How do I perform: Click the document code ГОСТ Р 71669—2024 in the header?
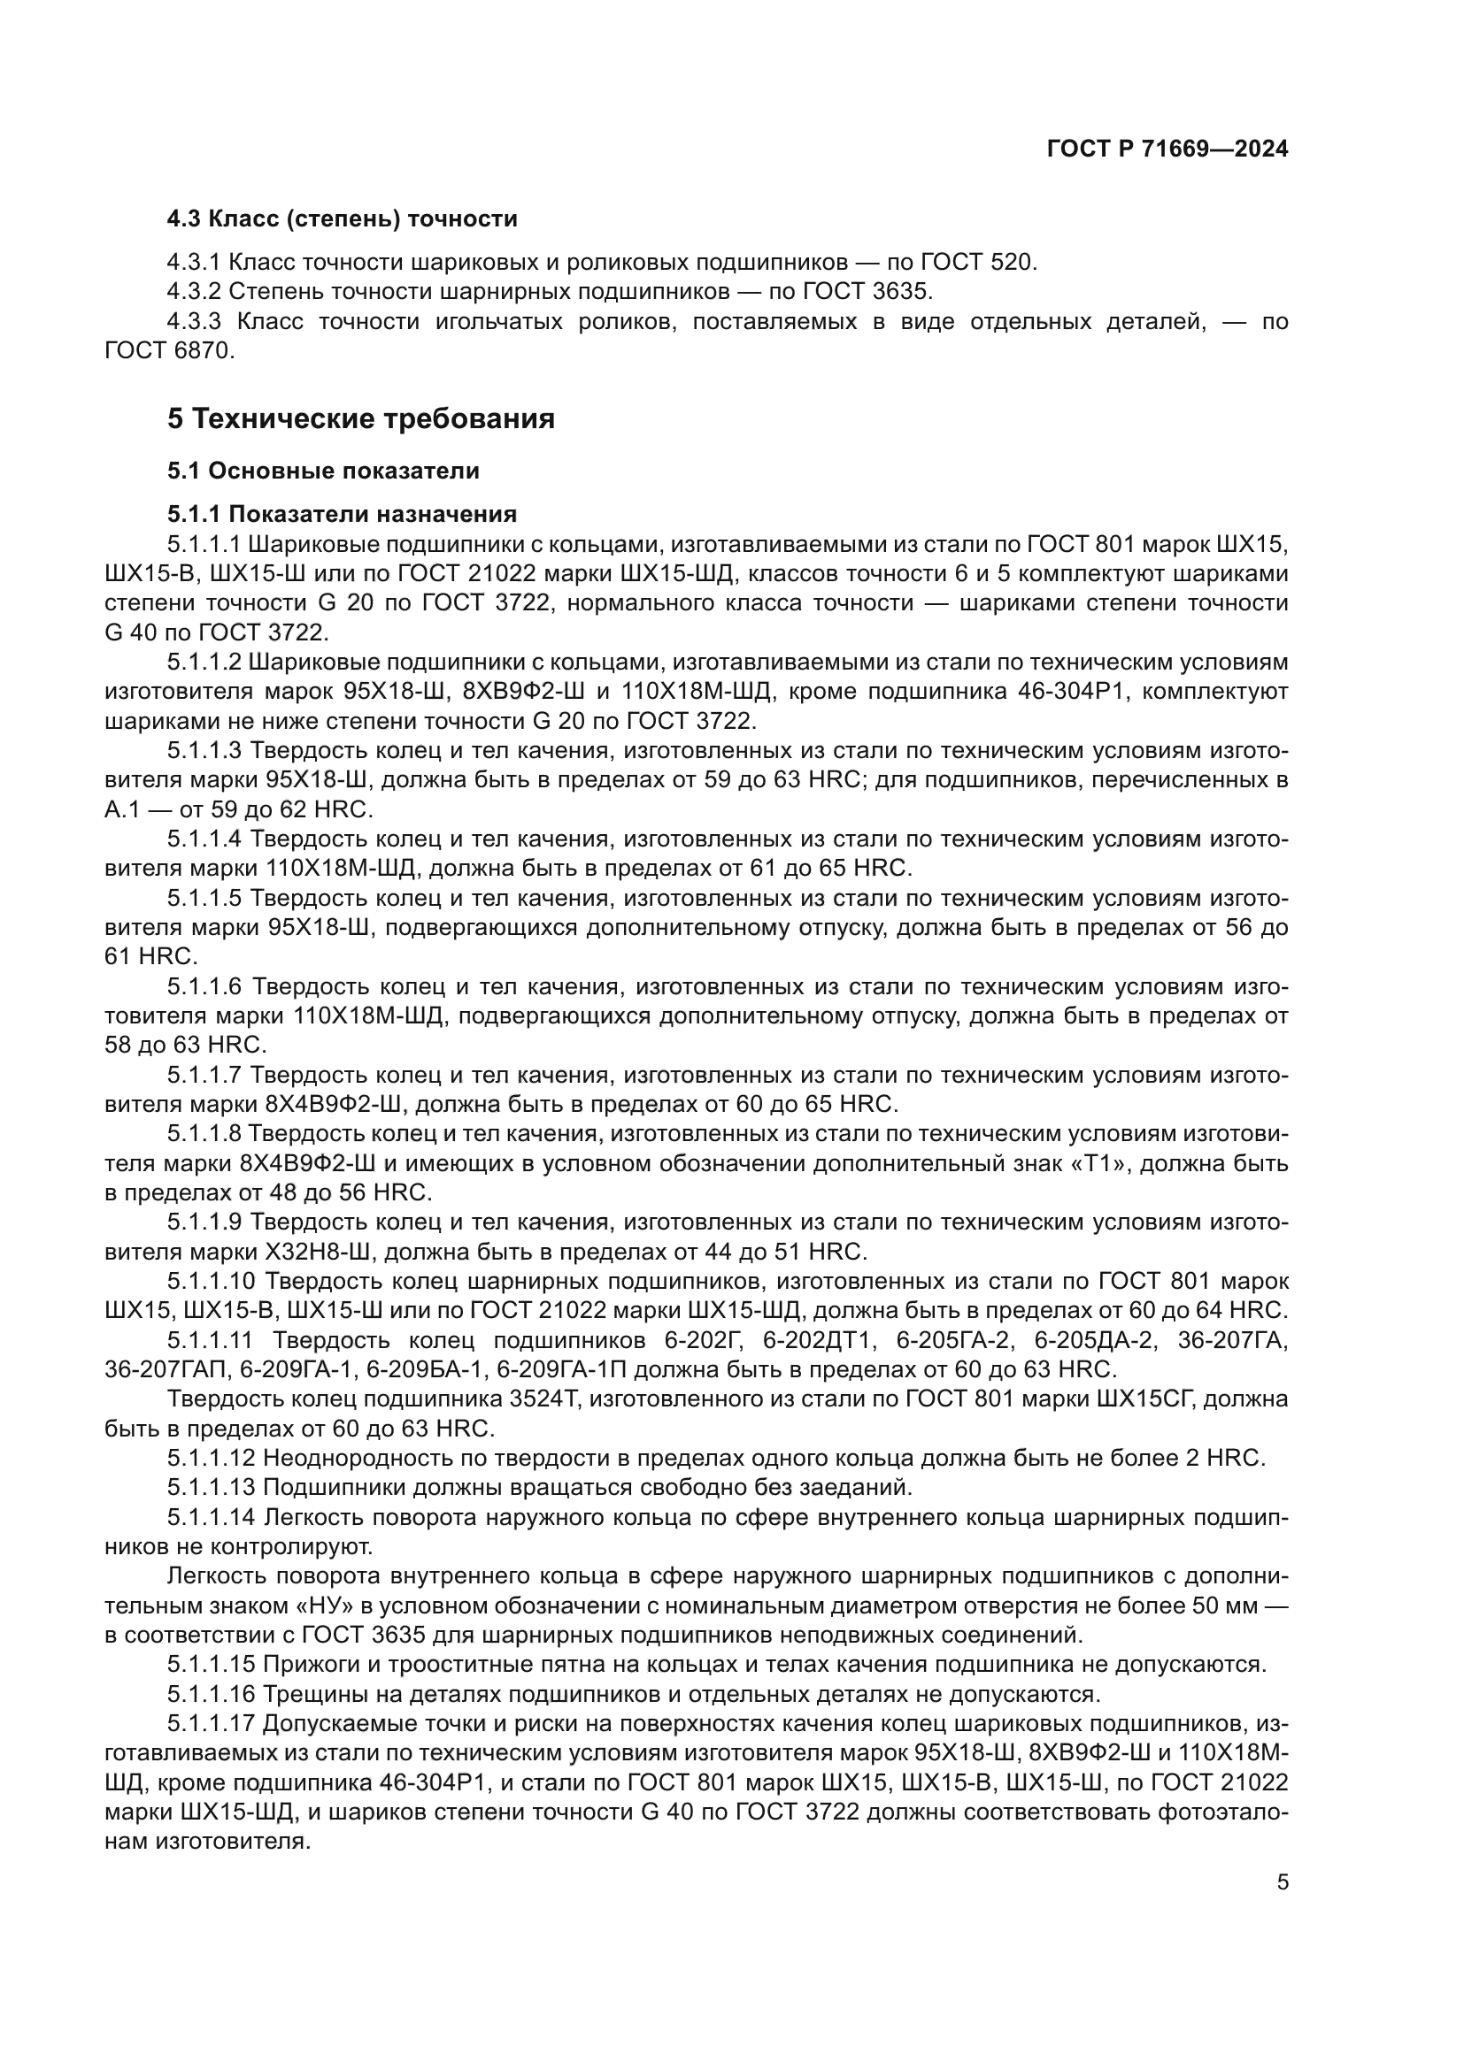(x=1167, y=149)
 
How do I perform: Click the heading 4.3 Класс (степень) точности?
(x=342, y=219)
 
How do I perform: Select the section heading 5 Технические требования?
(x=360, y=419)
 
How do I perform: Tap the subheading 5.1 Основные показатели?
(x=323, y=471)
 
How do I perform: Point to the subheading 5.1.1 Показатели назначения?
(x=342, y=515)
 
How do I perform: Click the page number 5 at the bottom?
(x=1282, y=1882)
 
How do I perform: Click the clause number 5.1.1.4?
(x=204, y=839)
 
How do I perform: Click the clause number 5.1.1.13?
(x=211, y=1488)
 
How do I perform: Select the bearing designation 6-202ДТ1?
(x=819, y=1340)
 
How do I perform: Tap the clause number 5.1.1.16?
(x=211, y=1694)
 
